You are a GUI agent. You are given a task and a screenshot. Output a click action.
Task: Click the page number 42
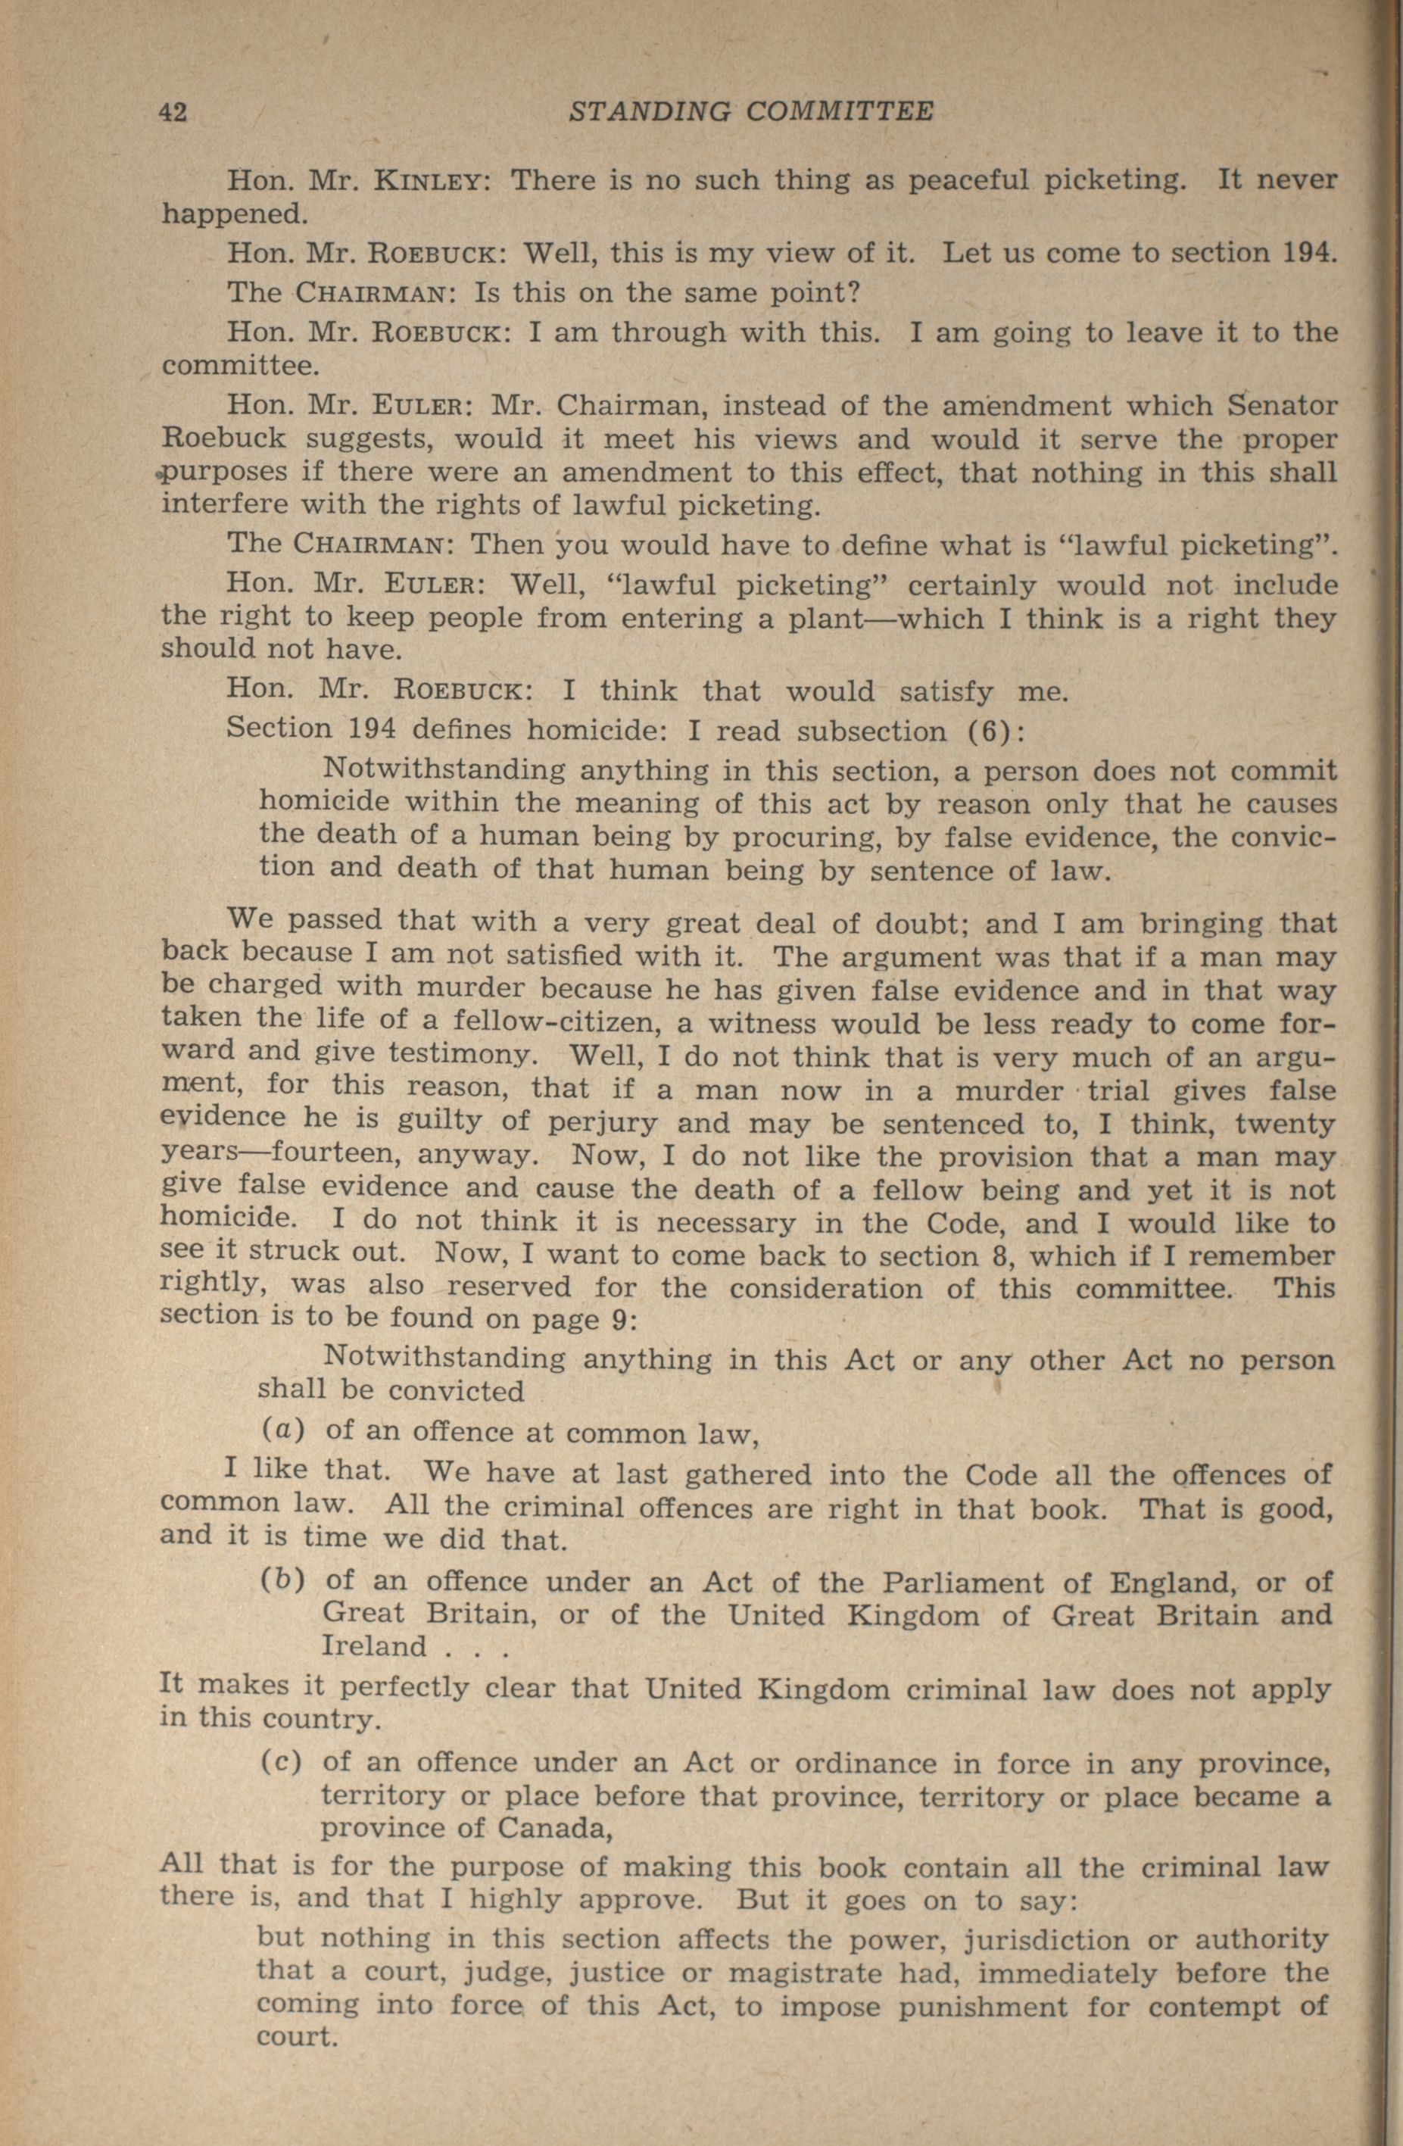tap(173, 112)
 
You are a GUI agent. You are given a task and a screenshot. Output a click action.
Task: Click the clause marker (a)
tap(284, 1432)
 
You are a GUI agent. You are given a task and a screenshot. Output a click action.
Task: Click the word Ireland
tap(374, 1646)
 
